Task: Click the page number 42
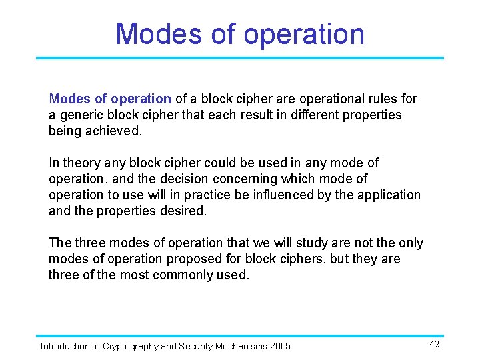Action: (434, 344)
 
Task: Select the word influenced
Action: (296, 195)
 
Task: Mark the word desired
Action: (183, 211)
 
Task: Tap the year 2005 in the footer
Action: (280, 347)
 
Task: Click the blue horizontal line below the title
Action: (240, 58)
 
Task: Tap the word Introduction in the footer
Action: (65, 347)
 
